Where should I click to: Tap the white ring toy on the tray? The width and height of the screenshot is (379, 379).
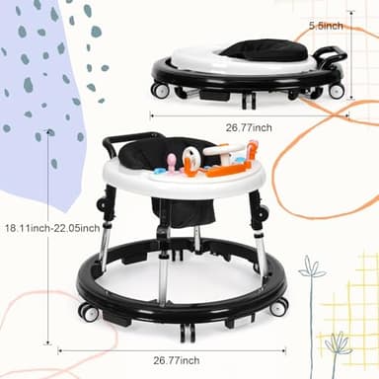(x=190, y=157)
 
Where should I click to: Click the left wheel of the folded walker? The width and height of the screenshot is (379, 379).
(x=160, y=91)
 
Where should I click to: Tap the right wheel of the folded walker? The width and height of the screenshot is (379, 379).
(x=337, y=91)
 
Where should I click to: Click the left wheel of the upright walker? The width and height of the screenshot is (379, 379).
(x=89, y=313)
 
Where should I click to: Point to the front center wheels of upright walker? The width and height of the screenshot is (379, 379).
(x=189, y=332)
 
